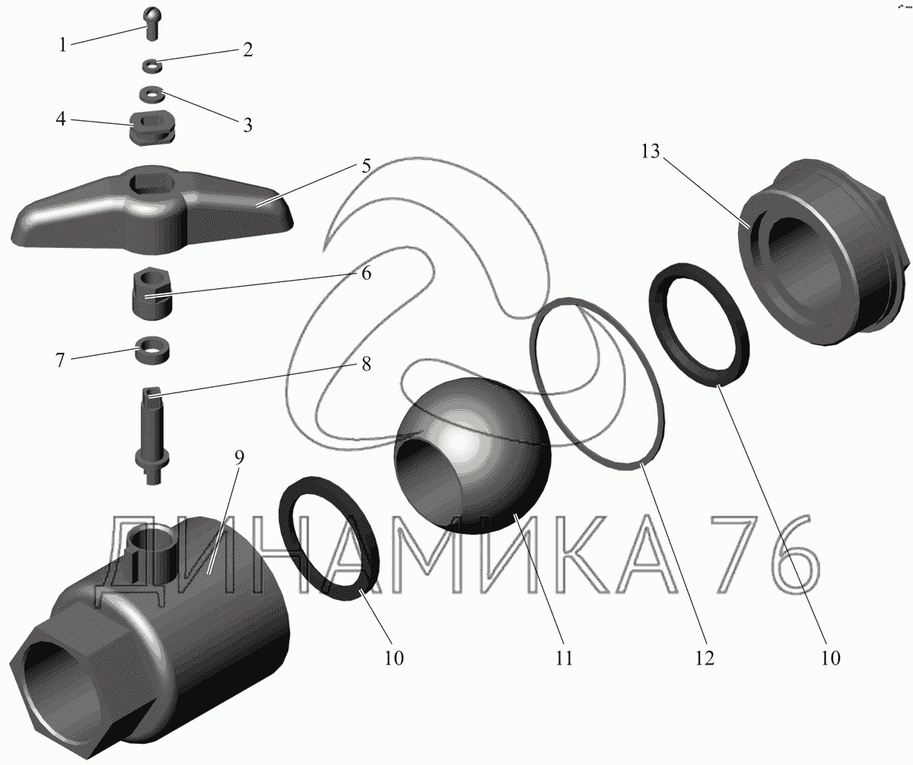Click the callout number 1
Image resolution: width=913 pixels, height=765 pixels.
pos(63,45)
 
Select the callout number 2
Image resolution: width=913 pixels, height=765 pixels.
pos(247,50)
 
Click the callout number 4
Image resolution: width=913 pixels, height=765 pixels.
pos(61,119)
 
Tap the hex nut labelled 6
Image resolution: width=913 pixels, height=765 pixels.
pos(152,294)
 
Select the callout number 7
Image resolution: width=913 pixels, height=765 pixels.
pos(60,360)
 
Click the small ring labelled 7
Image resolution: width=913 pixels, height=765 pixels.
pos(152,350)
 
